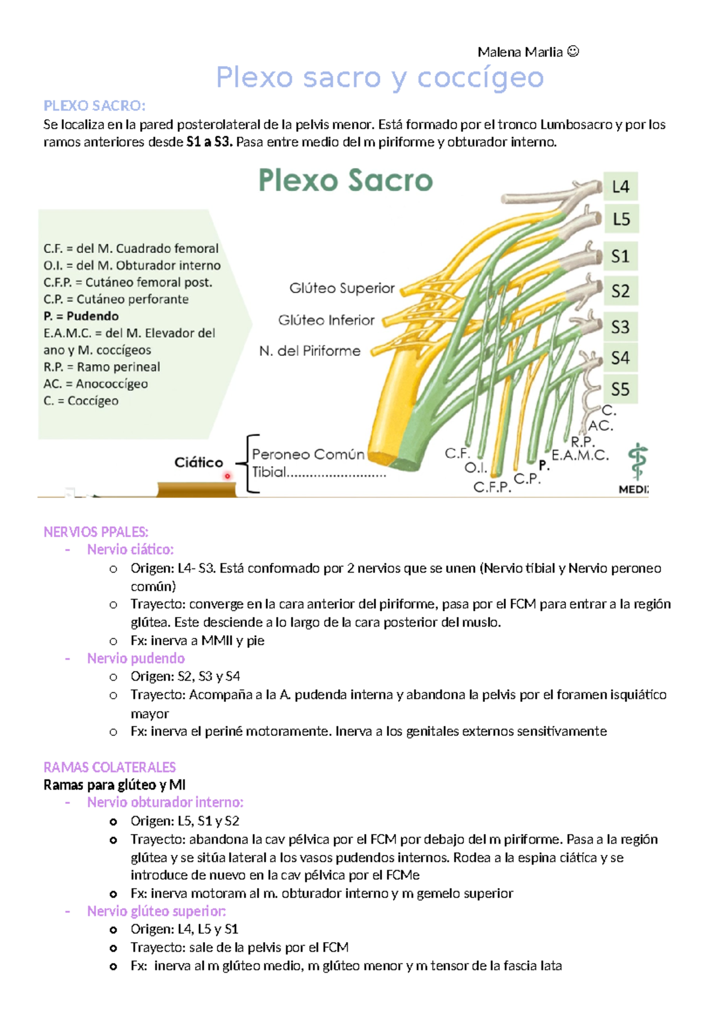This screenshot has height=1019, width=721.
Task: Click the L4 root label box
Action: pos(621,187)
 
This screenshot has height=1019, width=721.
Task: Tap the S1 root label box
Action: pos(621,257)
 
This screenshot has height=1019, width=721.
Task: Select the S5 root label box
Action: pos(621,389)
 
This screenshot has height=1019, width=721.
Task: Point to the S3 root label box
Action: pos(621,327)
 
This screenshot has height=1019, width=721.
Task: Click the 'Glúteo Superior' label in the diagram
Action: pos(342,288)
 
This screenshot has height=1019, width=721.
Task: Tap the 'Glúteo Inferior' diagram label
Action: pos(326,320)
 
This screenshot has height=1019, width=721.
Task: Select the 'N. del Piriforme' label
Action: pos(310,351)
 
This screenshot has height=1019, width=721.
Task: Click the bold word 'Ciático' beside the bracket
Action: pos(199,462)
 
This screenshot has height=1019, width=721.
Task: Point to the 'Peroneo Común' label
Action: pos(308,455)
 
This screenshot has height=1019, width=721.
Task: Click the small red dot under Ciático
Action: pos(228,476)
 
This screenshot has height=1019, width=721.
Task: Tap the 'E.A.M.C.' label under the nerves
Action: pos(580,455)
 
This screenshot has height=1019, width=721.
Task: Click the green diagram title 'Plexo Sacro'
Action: pos(345,180)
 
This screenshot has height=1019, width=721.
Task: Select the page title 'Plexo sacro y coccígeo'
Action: pos(380,78)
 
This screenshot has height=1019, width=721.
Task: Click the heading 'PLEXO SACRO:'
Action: pos(94,106)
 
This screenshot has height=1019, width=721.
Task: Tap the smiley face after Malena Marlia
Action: pos(573,52)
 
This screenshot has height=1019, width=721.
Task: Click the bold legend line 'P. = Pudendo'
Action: pos(81,316)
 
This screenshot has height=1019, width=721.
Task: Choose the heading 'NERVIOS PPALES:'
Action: pos(96,532)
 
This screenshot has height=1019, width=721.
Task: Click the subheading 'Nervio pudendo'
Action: pos(136,659)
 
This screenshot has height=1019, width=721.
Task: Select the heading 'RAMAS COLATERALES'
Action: pos(109,767)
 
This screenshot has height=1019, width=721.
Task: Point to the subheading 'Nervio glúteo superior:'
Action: pos(156,911)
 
